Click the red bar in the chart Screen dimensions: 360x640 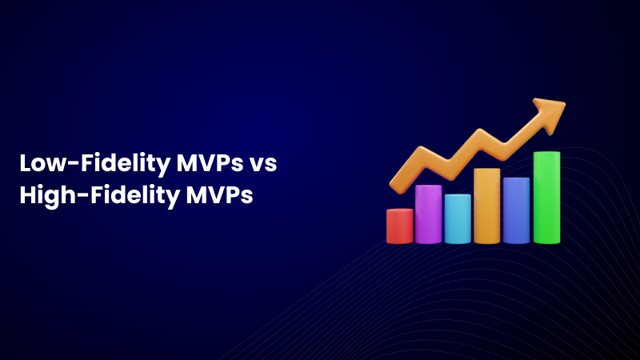[x=399, y=226]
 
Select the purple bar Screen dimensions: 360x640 [x=428, y=214]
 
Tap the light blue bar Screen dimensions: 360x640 [x=458, y=219]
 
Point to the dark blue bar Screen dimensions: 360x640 [x=516, y=211]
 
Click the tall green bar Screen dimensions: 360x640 [x=546, y=198]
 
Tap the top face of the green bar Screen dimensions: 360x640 [x=546, y=154]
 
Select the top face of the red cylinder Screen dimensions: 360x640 [x=399, y=211]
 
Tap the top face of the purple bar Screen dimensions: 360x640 [x=428, y=187]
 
